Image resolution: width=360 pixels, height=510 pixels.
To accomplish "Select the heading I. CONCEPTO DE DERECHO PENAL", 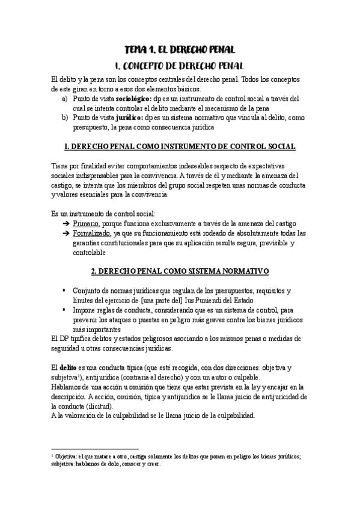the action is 179,64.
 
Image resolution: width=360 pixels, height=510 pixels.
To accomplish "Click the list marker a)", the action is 65,98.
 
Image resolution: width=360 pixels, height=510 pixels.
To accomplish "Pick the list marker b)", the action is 65,117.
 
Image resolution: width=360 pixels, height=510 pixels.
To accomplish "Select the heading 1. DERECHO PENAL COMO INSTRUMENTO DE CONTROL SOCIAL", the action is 179,146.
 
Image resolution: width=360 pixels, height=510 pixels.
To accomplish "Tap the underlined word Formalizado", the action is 93,233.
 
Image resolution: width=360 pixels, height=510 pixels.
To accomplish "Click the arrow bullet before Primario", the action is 65,223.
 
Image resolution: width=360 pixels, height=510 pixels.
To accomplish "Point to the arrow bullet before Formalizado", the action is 65,233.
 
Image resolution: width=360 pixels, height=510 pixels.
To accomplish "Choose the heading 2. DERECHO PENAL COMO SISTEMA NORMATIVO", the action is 179,271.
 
